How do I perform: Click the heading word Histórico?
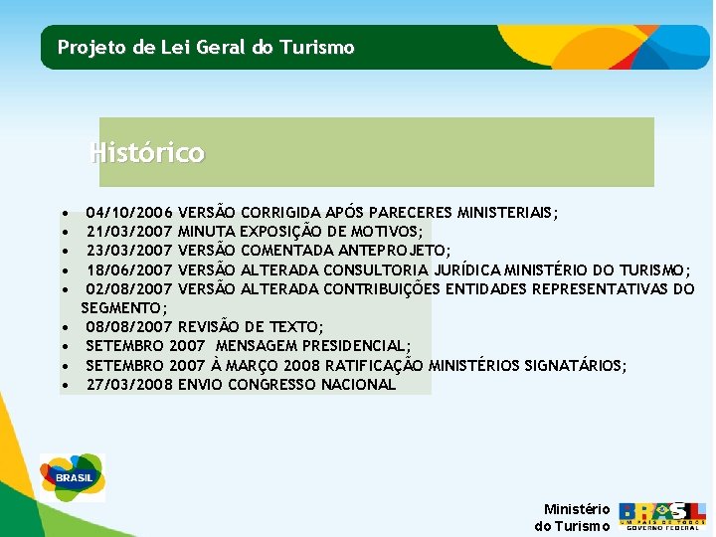(147, 153)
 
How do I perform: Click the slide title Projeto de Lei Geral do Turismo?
(206, 47)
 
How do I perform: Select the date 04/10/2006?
(129, 213)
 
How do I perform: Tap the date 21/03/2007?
(129, 232)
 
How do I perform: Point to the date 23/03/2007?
(129, 251)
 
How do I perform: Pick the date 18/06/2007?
(129, 270)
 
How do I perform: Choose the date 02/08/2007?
(129, 289)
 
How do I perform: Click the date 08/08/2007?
(129, 327)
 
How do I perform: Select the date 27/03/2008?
(129, 385)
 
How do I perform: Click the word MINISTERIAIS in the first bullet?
(506, 213)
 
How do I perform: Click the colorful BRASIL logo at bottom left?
(73, 477)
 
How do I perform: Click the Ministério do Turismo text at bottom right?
(574, 517)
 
